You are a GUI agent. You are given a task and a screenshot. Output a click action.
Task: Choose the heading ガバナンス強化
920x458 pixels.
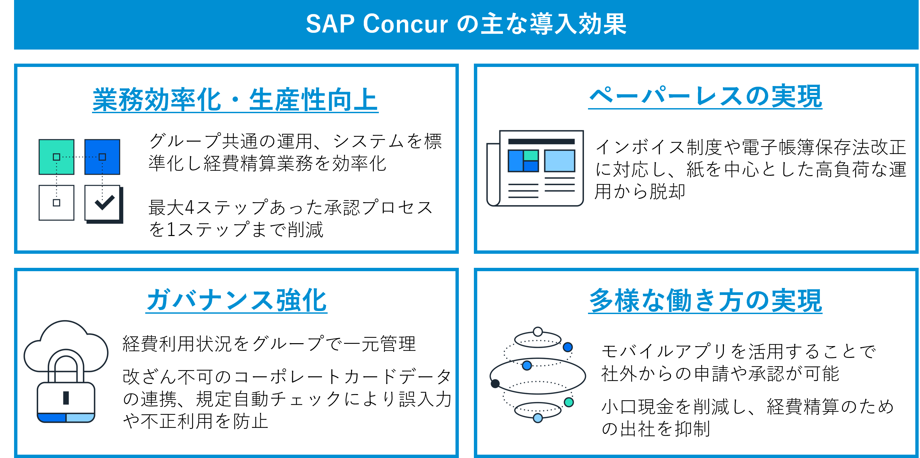click(236, 300)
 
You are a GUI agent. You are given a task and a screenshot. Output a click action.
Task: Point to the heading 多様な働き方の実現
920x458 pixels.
click(705, 301)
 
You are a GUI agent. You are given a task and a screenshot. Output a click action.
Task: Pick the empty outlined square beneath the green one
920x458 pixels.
click(57, 203)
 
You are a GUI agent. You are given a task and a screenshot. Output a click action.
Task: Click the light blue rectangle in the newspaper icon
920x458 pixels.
click(559, 161)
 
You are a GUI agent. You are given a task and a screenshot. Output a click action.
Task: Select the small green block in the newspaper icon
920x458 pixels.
click(531, 156)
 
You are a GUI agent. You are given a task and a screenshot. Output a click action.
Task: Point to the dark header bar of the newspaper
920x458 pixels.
click(541, 142)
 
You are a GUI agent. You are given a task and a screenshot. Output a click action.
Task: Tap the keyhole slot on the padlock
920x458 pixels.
click(66, 398)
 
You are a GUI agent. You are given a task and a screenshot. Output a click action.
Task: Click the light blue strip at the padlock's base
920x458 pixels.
click(80, 417)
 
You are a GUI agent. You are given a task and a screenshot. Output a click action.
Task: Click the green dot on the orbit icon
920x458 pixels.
click(569, 402)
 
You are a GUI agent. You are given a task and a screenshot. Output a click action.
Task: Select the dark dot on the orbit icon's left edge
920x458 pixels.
click(495, 384)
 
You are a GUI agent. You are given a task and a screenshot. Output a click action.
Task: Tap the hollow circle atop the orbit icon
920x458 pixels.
click(538, 332)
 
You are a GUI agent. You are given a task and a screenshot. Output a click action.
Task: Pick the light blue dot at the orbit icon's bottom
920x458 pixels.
click(538, 418)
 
